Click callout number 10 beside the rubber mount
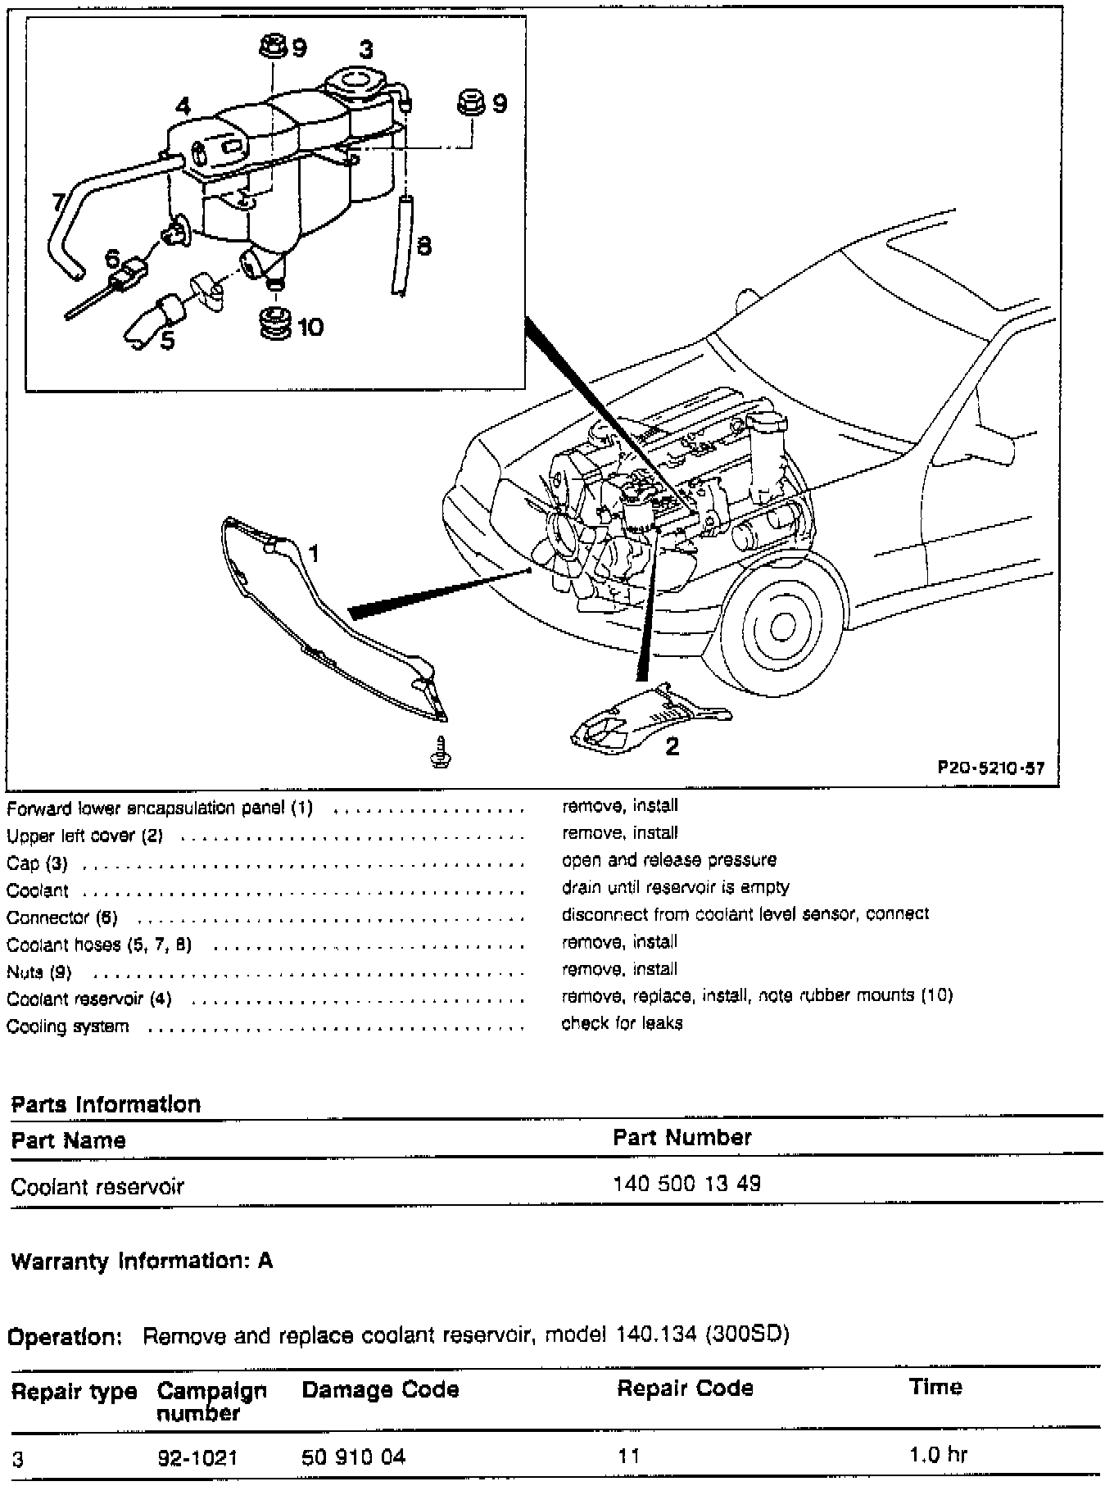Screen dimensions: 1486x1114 tap(310, 328)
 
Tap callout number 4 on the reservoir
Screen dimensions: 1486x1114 tap(183, 106)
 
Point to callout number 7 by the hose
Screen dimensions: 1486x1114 tap(57, 202)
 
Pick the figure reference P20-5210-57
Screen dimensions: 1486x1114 tap(991, 768)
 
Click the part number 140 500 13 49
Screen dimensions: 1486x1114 tap(686, 1184)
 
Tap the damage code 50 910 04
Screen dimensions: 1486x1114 tap(353, 1457)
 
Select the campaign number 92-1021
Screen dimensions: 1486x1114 tap(197, 1457)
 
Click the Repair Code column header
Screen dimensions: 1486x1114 tap(685, 1388)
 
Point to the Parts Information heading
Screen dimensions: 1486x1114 tap(106, 1104)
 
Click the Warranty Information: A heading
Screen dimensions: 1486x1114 tap(142, 1260)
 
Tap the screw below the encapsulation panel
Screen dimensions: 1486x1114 tap(442, 752)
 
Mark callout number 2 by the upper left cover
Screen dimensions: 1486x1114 tap(672, 746)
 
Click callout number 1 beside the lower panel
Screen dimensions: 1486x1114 tap(312, 555)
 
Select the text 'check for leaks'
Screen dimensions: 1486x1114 tap(622, 1023)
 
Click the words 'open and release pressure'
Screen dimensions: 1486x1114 tap(668, 860)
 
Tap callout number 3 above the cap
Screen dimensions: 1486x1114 tap(366, 49)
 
